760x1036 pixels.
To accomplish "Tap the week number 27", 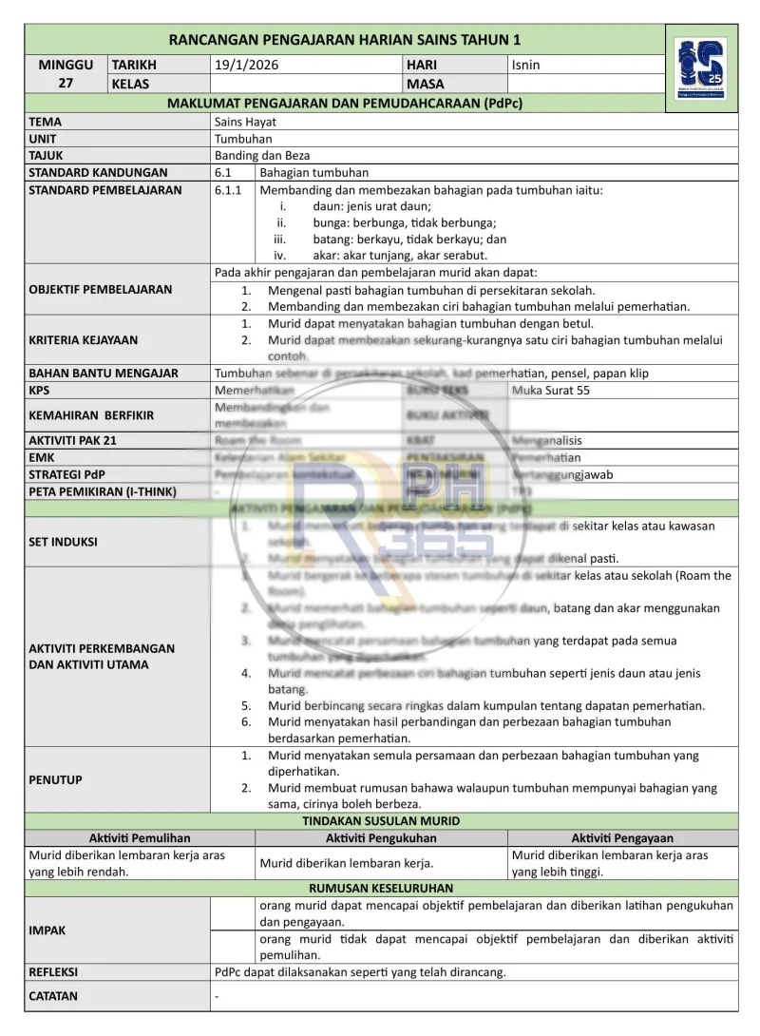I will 66,83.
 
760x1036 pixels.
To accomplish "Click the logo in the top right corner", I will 701,68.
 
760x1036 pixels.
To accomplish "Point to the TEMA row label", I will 46,122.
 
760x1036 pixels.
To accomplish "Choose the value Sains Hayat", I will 246,122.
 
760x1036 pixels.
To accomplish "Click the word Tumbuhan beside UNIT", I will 243,139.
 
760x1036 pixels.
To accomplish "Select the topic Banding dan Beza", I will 262,156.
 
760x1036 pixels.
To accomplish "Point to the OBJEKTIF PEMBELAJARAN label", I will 101,289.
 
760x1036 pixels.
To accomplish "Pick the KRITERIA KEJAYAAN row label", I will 84,339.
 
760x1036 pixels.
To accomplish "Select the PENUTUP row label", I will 56,779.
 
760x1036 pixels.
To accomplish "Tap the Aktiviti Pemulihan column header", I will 140,837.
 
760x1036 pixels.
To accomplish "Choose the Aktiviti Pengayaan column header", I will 622,837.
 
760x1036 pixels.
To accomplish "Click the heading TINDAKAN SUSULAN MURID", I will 381,820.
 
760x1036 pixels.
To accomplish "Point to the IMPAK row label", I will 47,930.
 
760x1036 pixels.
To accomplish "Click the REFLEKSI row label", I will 53,972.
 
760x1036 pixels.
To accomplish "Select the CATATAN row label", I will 53,996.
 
